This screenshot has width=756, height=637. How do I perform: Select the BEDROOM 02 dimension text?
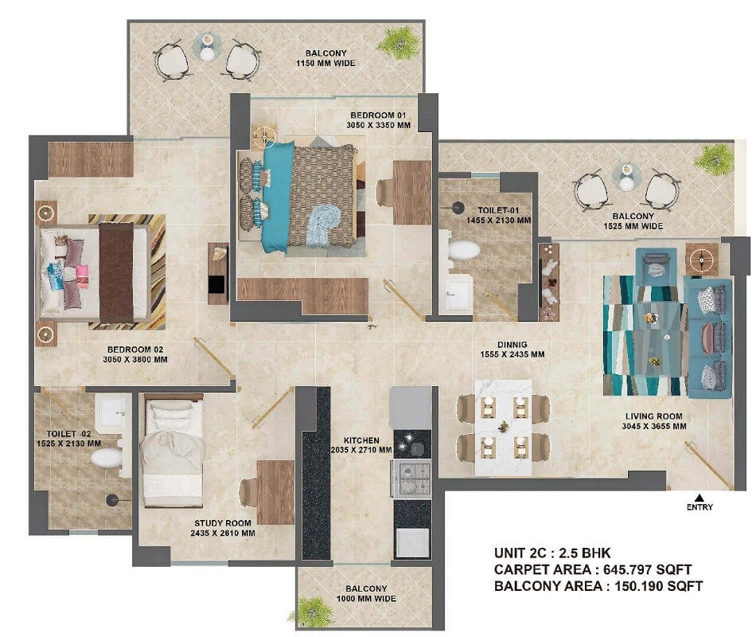click(137, 359)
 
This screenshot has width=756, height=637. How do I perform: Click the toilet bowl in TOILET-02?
click(106, 457)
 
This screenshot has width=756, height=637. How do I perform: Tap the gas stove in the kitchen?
click(411, 479)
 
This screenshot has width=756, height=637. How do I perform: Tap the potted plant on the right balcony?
click(714, 159)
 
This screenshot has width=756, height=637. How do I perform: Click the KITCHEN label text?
click(361, 440)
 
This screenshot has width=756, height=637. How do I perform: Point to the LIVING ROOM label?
click(653, 416)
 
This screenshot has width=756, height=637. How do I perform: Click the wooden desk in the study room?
click(275, 491)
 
